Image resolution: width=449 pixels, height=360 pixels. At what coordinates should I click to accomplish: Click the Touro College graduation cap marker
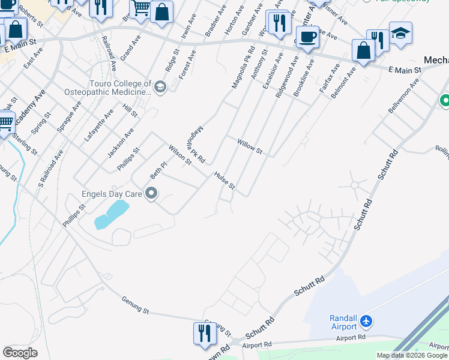point(160,88)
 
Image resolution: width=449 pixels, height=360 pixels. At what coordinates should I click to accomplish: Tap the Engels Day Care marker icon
point(151,193)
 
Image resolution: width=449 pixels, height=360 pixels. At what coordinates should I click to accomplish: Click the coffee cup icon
point(308,36)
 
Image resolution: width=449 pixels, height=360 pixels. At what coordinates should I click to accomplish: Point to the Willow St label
point(250,146)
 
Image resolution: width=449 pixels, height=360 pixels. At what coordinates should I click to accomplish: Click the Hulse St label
point(223,181)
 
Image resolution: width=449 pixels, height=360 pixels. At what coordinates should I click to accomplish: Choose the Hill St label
point(130,110)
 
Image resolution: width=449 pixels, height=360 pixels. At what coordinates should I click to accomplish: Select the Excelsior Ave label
point(273,70)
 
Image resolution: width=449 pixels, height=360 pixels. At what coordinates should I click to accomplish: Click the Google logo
point(20,353)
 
